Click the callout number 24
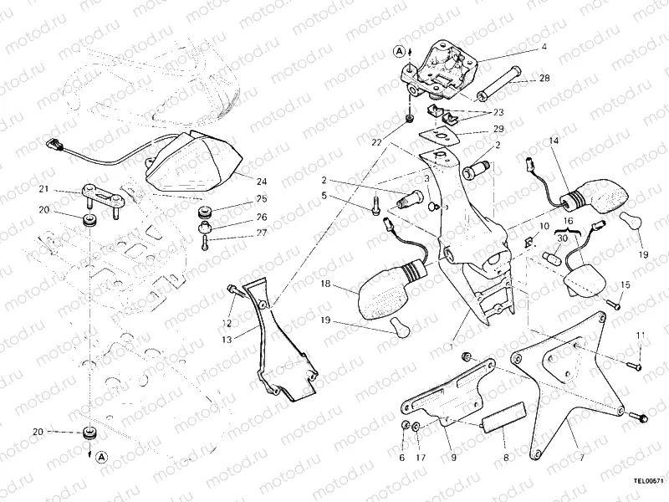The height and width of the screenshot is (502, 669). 261,182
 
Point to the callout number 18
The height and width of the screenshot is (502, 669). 326,285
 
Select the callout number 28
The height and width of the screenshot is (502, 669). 544,78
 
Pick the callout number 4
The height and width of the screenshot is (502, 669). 544,48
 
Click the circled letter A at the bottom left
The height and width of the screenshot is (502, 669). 100,458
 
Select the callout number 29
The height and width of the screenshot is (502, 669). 498,130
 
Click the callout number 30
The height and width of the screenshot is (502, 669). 563,238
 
